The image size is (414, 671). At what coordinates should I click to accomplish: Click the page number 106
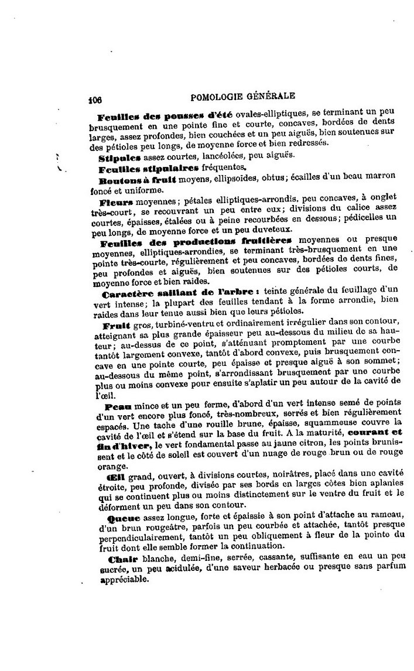pyautogui.click(x=95, y=99)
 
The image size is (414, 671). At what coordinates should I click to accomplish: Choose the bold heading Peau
pyautogui.click(x=119, y=405)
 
